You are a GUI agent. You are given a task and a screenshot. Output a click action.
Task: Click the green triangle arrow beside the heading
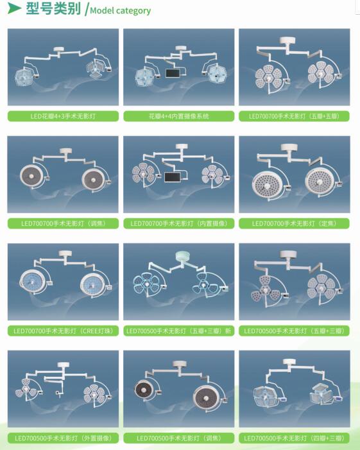[13, 8]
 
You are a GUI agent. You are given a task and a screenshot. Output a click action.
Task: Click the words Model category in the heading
[120, 11]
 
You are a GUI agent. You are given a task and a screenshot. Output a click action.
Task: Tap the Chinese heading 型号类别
[53, 8]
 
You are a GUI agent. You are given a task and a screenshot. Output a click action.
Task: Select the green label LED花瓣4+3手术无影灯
[63, 116]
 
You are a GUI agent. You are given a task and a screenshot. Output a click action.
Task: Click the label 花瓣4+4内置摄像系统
[178, 116]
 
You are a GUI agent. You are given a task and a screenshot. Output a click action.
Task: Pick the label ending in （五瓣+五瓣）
[295, 116]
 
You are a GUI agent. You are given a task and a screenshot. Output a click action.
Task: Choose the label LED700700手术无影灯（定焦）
[295, 223]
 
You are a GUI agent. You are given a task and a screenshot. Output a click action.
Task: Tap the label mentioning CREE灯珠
[63, 331]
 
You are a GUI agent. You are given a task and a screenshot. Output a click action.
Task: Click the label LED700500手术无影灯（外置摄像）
[63, 438]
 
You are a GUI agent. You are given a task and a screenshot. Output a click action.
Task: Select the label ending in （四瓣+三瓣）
[295, 438]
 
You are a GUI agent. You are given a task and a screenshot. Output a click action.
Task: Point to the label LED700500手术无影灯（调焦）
[178, 438]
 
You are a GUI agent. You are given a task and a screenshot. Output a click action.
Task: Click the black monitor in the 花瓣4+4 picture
[174, 73]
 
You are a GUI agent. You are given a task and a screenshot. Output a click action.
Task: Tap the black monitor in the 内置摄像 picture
[173, 177]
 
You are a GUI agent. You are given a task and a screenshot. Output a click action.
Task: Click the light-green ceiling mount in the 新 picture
[183, 255]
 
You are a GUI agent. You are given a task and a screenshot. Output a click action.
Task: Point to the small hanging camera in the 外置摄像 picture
[59, 394]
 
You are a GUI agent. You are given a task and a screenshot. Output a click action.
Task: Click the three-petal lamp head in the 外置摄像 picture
[26, 388]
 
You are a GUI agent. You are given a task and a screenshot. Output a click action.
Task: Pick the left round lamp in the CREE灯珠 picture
[32, 282]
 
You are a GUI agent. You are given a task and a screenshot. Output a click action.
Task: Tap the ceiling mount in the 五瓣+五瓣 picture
[288, 40]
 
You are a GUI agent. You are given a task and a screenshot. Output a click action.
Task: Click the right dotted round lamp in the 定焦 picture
[320, 181]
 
